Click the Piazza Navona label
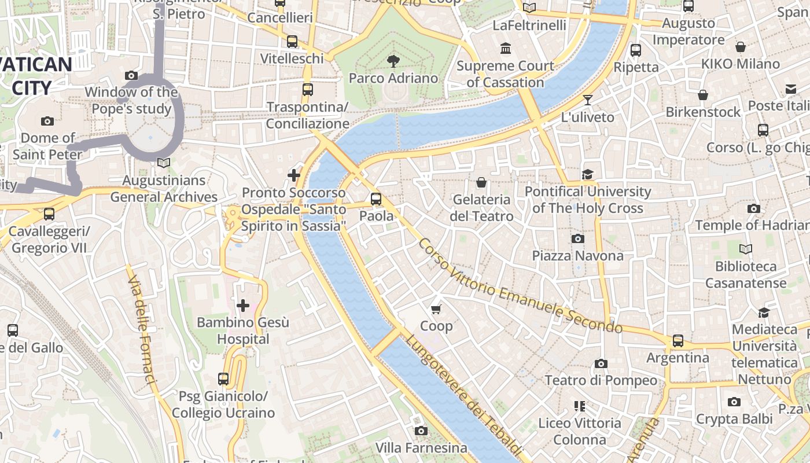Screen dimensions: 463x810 pos(577,255)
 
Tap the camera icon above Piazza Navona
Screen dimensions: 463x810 pos(577,238)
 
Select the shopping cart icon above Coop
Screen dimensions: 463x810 pos(436,309)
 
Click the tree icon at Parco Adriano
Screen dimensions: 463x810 pos(393,61)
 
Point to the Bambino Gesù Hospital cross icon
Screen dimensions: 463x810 pos(243,305)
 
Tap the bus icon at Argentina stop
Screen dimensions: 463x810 pos(678,341)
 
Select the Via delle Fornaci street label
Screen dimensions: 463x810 pos(142,330)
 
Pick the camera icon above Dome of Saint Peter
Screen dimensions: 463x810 pos(47,121)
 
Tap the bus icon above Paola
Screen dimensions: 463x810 pos(376,199)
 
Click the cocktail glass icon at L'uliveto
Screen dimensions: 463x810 pos(588,100)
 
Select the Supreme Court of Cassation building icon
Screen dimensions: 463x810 pos(506,48)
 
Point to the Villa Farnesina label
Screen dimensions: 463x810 pos(421,447)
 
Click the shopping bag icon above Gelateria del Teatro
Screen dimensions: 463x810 pos(481,183)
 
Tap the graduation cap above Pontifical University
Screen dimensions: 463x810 pos(588,174)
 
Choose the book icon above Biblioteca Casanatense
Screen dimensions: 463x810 pos(746,249)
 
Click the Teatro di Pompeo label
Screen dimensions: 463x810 pos(601,380)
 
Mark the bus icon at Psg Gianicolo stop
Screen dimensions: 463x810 pos(223,379)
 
